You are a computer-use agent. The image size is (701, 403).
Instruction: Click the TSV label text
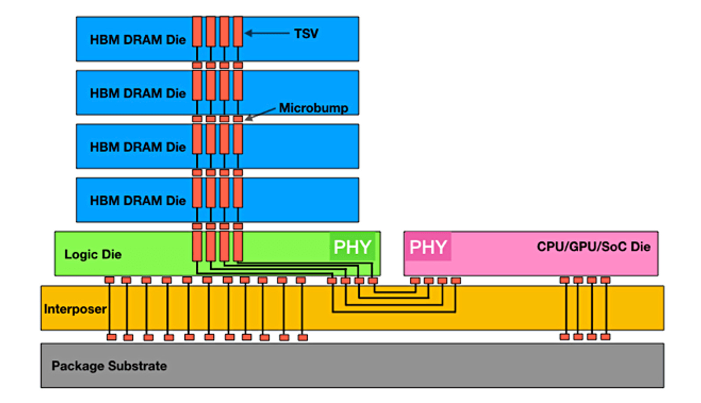tap(306, 33)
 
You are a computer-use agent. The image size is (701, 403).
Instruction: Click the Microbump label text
tap(313, 108)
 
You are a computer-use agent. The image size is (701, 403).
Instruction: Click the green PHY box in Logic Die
tap(352, 247)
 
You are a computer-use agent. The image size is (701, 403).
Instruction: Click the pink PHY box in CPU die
tap(427, 247)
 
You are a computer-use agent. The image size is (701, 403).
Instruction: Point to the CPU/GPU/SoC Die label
tap(593, 246)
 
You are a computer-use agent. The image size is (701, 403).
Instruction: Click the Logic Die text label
tap(93, 254)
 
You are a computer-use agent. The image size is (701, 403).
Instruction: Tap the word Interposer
tap(75, 309)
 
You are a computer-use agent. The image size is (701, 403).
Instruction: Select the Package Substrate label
tap(109, 366)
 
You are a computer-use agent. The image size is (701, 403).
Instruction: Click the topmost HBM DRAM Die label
tap(138, 40)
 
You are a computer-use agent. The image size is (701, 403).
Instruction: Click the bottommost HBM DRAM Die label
tap(138, 201)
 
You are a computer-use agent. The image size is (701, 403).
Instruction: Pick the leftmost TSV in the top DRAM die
tap(197, 32)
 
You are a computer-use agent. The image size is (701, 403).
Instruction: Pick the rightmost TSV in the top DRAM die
tap(238, 32)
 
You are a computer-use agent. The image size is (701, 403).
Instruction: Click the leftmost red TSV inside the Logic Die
tap(197, 246)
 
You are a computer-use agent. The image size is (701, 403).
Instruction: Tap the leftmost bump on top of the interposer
tap(110, 280)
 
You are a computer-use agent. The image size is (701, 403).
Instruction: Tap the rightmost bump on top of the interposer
tap(606, 280)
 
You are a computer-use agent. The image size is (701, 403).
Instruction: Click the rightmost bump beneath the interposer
tap(606, 337)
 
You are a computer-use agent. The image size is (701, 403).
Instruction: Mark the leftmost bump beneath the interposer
tap(112, 337)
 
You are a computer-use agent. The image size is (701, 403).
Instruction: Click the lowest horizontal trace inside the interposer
tap(394, 312)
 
